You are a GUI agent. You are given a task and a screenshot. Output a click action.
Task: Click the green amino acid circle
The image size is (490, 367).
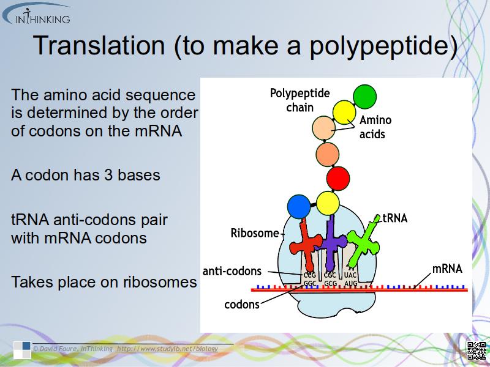(364, 96)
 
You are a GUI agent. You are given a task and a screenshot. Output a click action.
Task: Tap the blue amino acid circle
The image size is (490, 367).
(300, 206)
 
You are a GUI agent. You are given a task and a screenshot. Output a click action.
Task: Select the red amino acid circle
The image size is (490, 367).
(338, 179)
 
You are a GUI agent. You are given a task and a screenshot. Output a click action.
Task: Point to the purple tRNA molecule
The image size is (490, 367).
(331, 242)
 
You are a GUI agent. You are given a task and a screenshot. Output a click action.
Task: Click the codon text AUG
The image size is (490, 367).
(350, 283)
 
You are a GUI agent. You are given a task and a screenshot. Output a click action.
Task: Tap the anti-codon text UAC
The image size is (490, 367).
(350, 275)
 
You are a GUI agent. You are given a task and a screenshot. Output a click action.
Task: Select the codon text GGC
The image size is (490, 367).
(311, 283)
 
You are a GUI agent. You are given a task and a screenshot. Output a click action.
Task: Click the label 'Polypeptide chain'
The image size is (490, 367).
(300, 100)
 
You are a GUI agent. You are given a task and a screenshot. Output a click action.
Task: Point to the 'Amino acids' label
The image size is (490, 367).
(375, 127)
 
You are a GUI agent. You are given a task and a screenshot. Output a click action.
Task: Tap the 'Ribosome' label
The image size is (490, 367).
(254, 233)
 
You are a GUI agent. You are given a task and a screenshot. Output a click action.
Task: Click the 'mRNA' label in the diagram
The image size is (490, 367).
(447, 269)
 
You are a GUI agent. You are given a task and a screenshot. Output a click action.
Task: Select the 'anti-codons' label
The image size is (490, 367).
(232, 271)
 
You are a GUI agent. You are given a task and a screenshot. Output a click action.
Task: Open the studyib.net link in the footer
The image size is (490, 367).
(167, 348)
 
